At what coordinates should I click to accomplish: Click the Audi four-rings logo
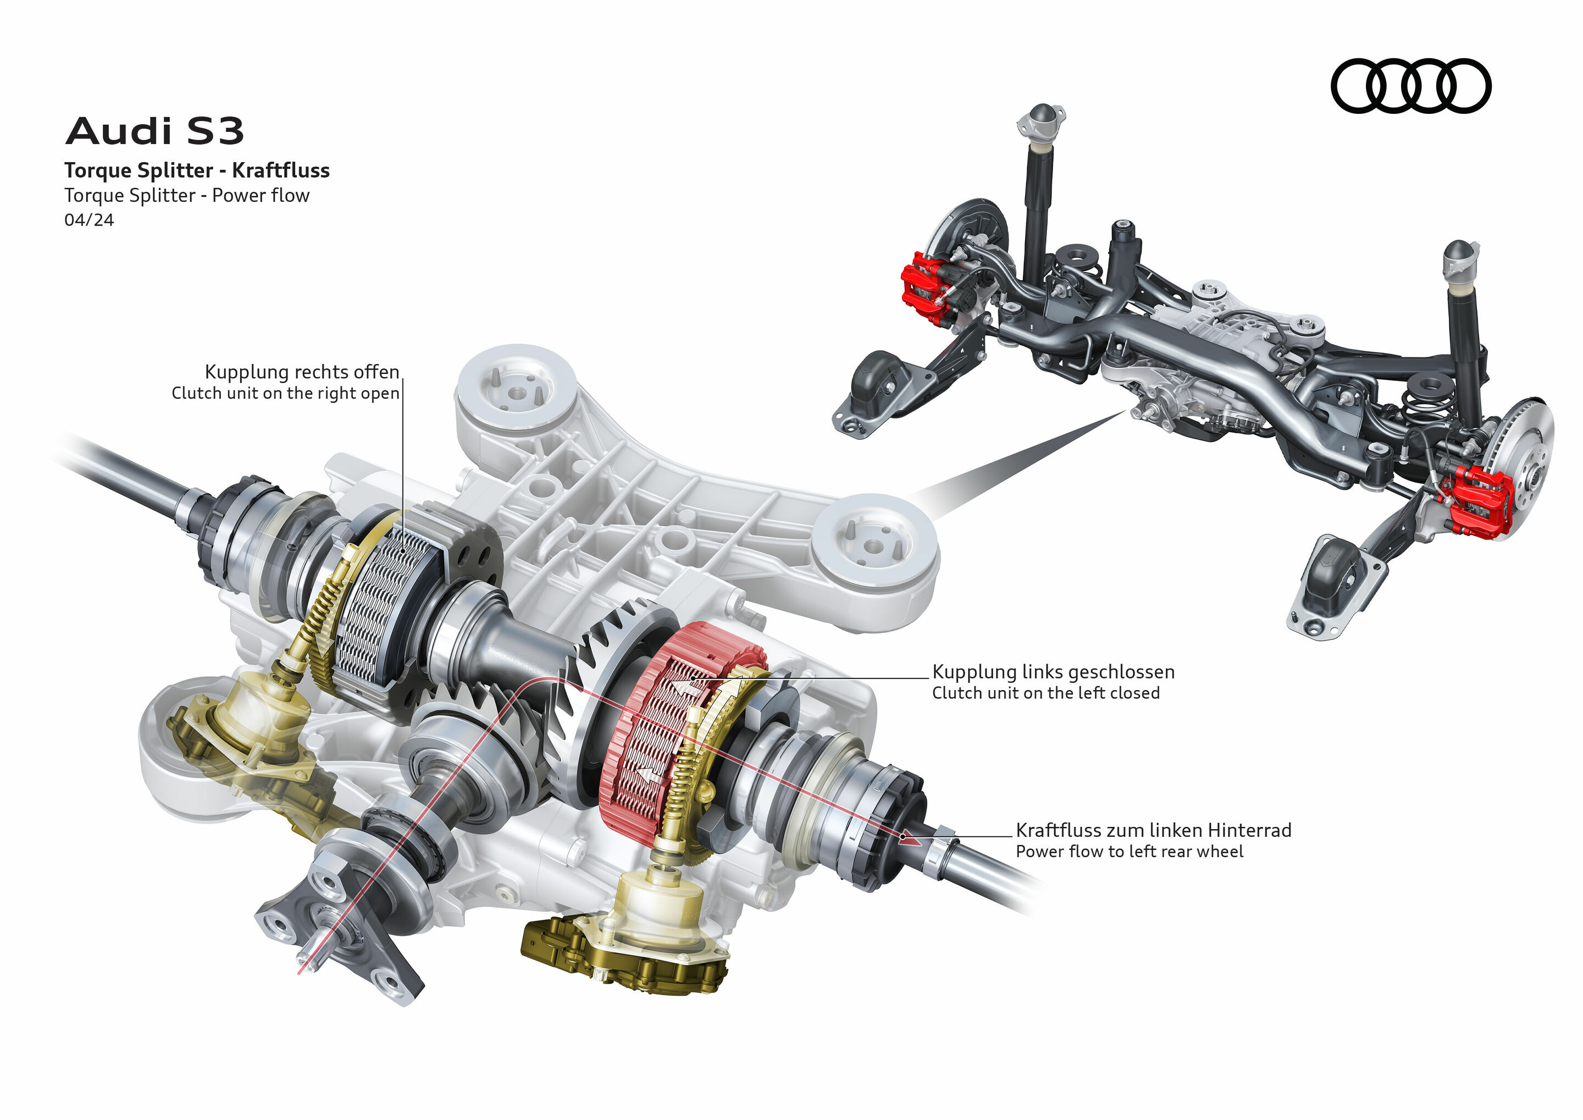pyautogui.click(x=1410, y=86)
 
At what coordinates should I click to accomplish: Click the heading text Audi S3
pyautogui.click(x=154, y=131)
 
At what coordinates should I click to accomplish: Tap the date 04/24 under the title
pyautogui.click(x=89, y=220)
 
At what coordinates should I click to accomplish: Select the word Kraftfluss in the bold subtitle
pyautogui.click(x=281, y=170)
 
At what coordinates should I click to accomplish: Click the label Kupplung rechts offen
pyautogui.click(x=301, y=372)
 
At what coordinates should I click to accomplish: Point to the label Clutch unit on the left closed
pyautogui.click(x=1045, y=693)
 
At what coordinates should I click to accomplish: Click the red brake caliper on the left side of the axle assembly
pyautogui.click(x=924, y=286)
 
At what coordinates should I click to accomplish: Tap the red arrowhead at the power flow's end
pyautogui.click(x=909, y=838)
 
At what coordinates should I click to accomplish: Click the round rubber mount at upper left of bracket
pyautogui.click(x=515, y=390)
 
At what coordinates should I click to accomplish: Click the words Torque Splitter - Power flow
pyautogui.click(x=187, y=196)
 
